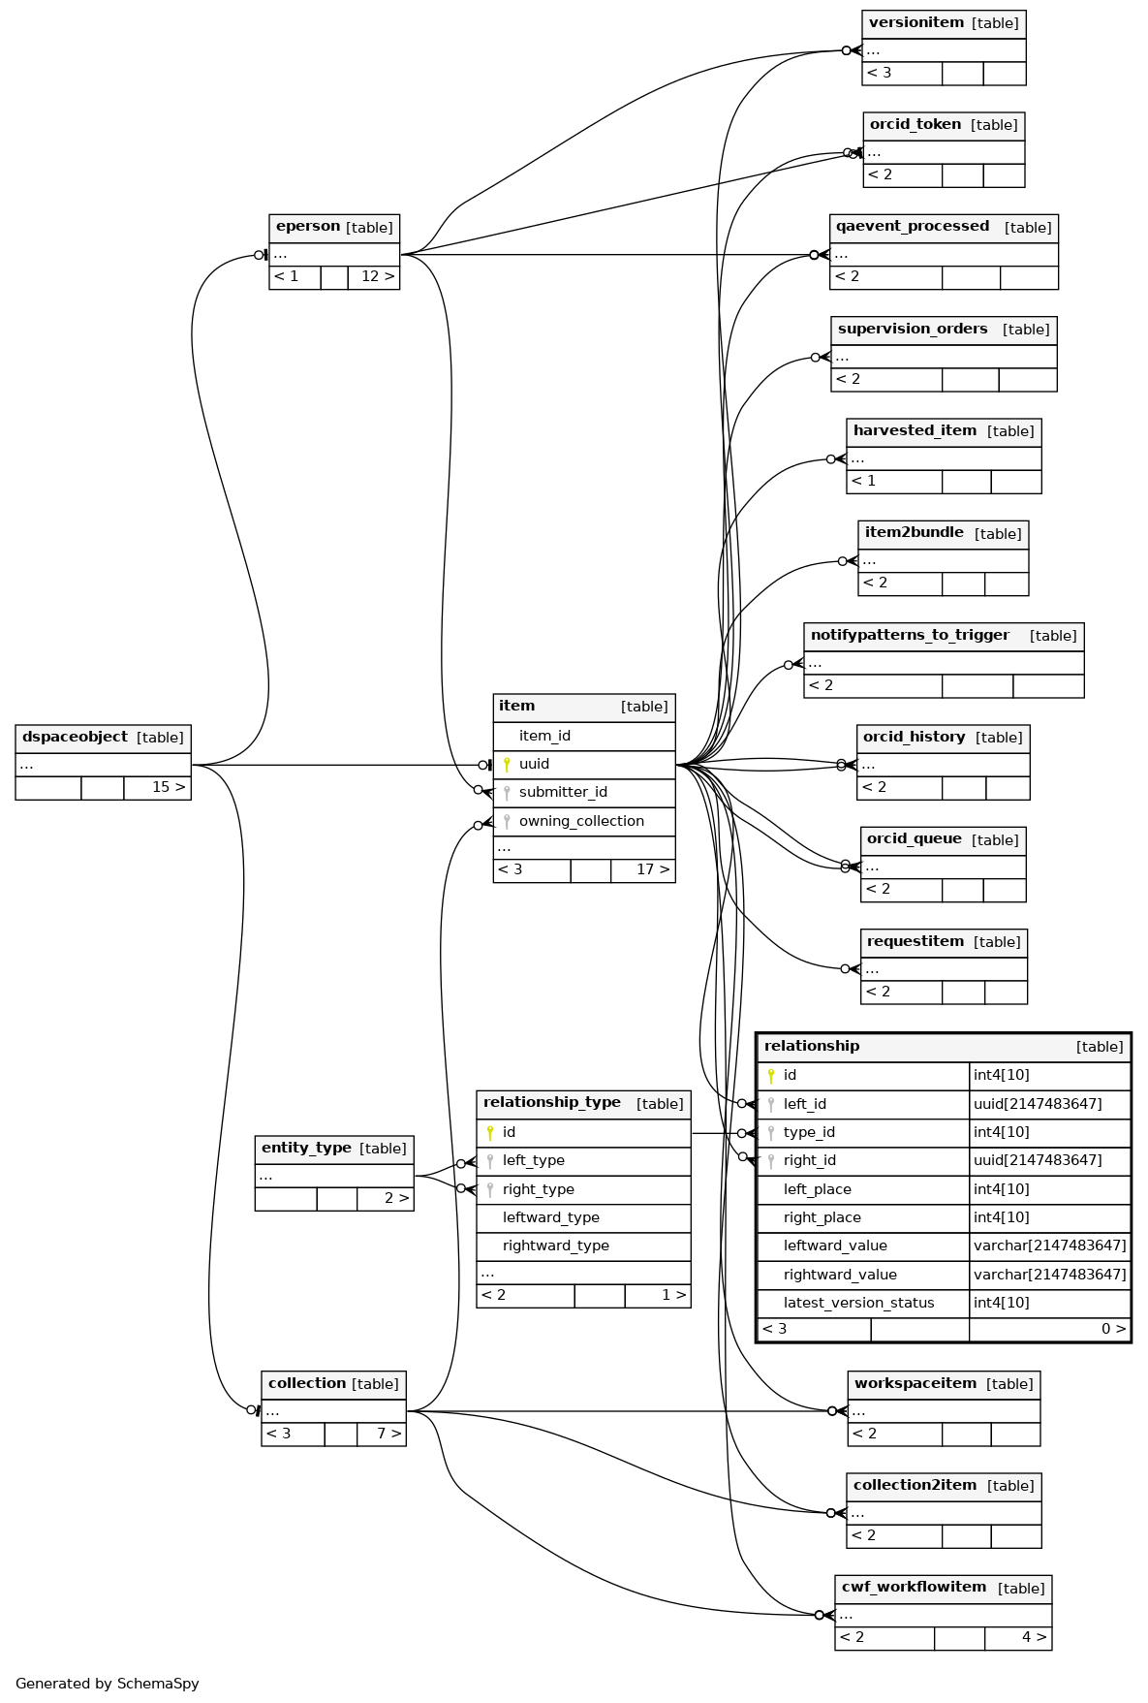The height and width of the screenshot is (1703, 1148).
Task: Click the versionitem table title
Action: [x=915, y=23]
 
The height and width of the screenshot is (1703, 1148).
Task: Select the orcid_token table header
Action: [x=915, y=125]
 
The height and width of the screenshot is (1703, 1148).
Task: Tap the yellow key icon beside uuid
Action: [x=507, y=765]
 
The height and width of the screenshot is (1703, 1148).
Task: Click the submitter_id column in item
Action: [x=563, y=793]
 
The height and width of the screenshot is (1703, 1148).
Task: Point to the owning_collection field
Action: [x=581, y=822]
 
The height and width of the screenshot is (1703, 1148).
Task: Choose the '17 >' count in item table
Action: [x=652, y=870]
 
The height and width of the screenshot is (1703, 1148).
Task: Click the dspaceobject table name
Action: [x=75, y=738]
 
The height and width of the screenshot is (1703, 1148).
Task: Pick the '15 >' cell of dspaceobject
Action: [x=168, y=788]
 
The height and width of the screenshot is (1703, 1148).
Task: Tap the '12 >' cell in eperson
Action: [x=377, y=277]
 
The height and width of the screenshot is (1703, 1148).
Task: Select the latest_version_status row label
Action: [x=858, y=1304]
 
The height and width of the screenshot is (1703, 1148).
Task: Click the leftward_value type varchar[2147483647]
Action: [x=1049, y=1246]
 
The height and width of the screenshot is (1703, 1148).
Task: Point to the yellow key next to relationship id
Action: [x=771, y=1076]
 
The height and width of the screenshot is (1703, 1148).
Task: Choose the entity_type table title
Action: [x=306, y=1149]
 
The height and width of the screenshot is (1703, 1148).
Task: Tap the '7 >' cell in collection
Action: [x=388, y=1435]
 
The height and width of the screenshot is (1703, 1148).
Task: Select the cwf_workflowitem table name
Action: [x=914, y=1588]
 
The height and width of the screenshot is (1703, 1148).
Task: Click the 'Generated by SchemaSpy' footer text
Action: [x=108, y=1684]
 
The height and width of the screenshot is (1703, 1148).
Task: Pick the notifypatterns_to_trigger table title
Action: [x=910, y=636]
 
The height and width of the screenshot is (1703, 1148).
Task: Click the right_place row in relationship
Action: [x=822, y=1218]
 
